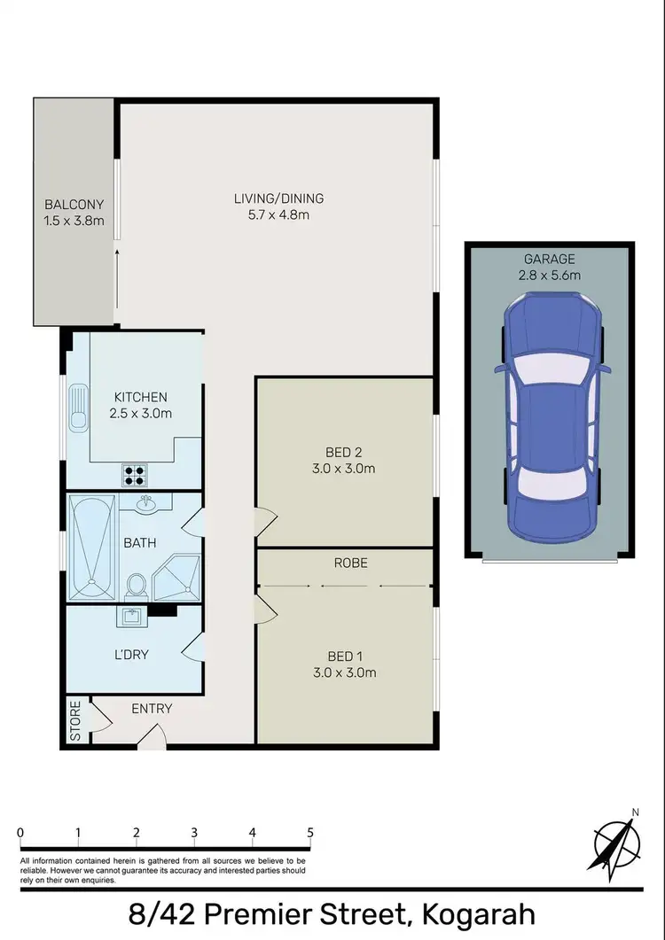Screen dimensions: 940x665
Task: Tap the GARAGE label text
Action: pyautogui.click(x=549, y=259)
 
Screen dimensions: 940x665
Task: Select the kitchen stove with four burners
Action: pyautogui.click(x=134, y=477)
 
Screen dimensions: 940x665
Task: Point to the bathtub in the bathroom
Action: pyautogui.click(x=92, y=546)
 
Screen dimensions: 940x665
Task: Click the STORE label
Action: pyautogui.click(x=76, y=720)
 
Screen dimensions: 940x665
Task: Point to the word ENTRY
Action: pyautogui.click(x=152, y=708)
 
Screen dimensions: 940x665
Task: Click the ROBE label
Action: pyautogui.click(x=350, y=563)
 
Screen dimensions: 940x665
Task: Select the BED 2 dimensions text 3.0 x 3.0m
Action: pyautogui.click(x=351, y=469)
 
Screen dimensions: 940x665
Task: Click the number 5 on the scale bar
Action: pyautogui.click(x=310, y=833)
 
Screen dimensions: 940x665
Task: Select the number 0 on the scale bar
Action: pyautogui.click(x=20, y=833)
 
